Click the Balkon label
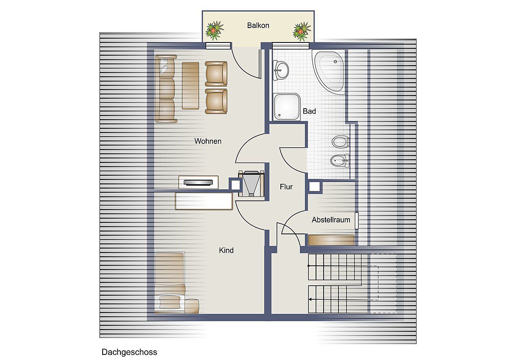pyautogui.click(x=258, y=25)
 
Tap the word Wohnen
pyautogui.click(x=208, y=141)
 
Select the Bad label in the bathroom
pyautogui.click(x=309, y=111)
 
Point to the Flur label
pyautogui.click(x=286, y=187)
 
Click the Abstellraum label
pyautogui.click(x=331, y=219)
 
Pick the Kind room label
pyautogui.click(x=226, y=250)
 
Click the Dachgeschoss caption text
pyautogui.click(x=129, y=352)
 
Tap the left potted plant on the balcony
pyautogui.click(x=214, y=31)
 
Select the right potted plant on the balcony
pyautogui.click(x=302, y=31)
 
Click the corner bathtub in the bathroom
pyautogui.click(x=328, y=72)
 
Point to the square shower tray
pyautogui.click(x=287, y=107)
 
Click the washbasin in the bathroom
pyautogui.click(x=280, y=70)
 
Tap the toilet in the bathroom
pyautogui.click(x=340, y=141)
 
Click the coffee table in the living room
pyautogui.click(x=190, y=85)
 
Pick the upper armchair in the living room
pyautogui.click(x=216, y=73)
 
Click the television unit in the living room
pyautogui.click(x=199, y=182)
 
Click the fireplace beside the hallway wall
pyautogui.click(x=251, y=183)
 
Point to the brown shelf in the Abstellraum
pyautogui.click(x=331, y=240)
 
